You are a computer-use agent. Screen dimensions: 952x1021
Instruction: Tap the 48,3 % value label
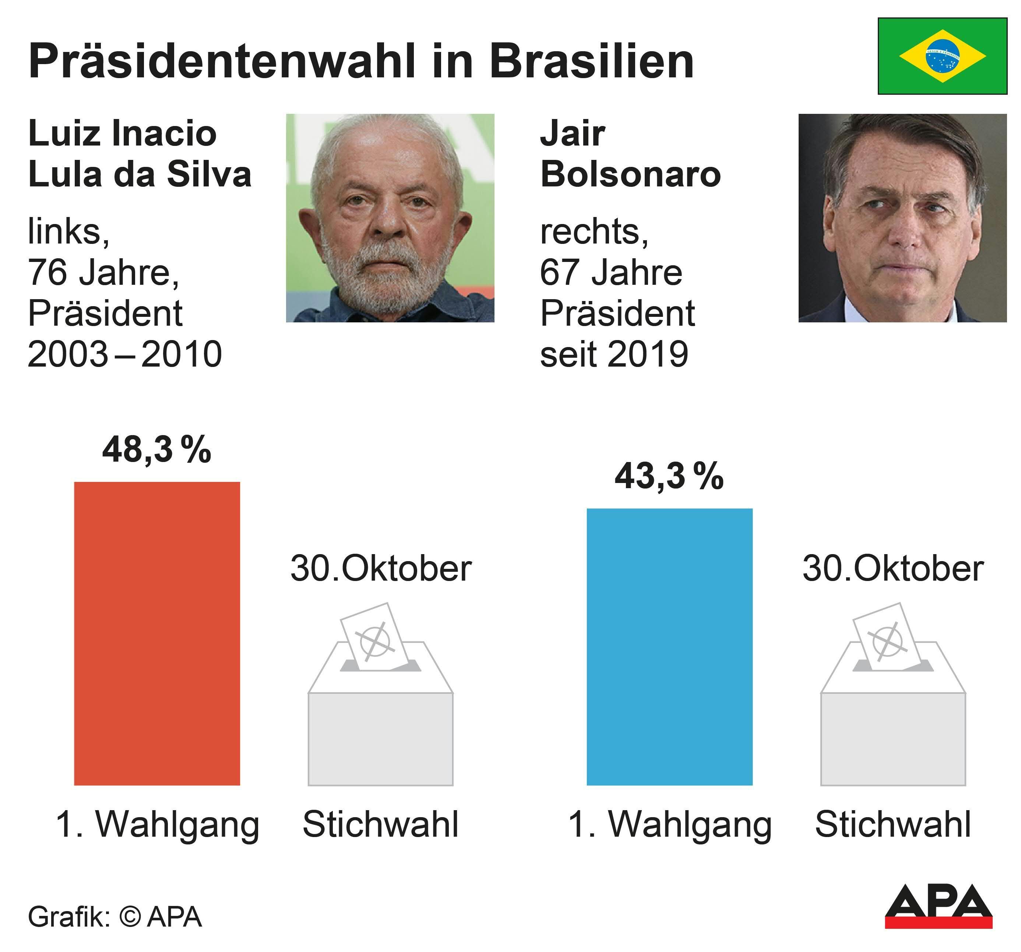(x=156, y=449)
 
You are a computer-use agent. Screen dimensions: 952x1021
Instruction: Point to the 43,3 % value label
(x=669, y=476)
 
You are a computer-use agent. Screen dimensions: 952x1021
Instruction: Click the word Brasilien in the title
(x=592, y=62)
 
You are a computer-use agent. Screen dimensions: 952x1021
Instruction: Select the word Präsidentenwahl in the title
(x=221, y=62)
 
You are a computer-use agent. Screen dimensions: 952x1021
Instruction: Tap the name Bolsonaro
(x=631, y=175)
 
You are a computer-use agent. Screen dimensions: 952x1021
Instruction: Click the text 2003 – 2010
(x=125, y=354)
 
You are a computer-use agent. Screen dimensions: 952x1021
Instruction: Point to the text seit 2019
(x=614, y=354)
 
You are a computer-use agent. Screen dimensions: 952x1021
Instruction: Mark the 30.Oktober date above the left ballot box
(x=381, y=569)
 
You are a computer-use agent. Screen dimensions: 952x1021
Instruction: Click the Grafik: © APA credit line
(x=115, y=917)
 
